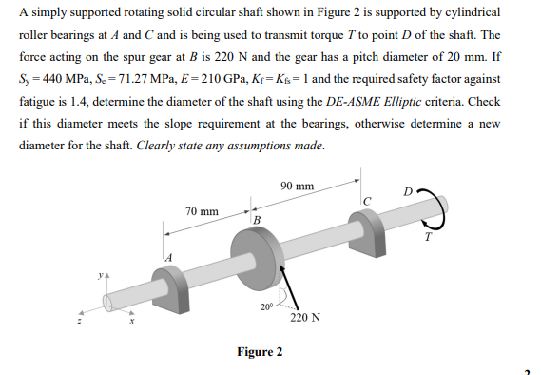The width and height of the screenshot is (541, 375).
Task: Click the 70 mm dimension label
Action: [202, 210]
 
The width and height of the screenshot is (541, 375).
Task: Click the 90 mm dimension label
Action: [298, 187]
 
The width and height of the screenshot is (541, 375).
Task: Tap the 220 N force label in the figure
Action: [306, 319]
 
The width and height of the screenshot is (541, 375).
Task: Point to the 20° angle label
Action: [265, 306]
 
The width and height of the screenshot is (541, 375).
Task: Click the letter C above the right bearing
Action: [366, 199]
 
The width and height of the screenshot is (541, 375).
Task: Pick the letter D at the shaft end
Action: [408, 193]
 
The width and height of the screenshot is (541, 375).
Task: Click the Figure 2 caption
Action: [260, 352]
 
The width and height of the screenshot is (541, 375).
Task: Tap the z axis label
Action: [79, 320]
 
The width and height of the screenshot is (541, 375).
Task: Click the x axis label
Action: [131, 321]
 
